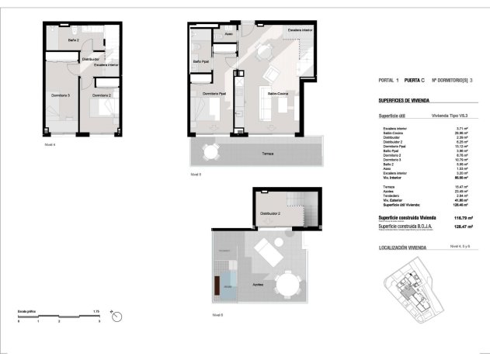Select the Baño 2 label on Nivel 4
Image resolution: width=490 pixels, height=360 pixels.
[x=73, y=40]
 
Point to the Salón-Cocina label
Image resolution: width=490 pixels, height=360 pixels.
[x=278, y=93]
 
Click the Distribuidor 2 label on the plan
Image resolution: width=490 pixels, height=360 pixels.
[x=270, y=212]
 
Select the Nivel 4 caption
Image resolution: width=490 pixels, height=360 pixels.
[x=50, y=144]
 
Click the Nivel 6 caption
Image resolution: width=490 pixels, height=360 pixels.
[x=217, y=315]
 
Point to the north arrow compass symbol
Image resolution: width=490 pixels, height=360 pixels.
[x=116, y=314]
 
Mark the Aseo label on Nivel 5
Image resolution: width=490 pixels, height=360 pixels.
[x=228, y=35]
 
